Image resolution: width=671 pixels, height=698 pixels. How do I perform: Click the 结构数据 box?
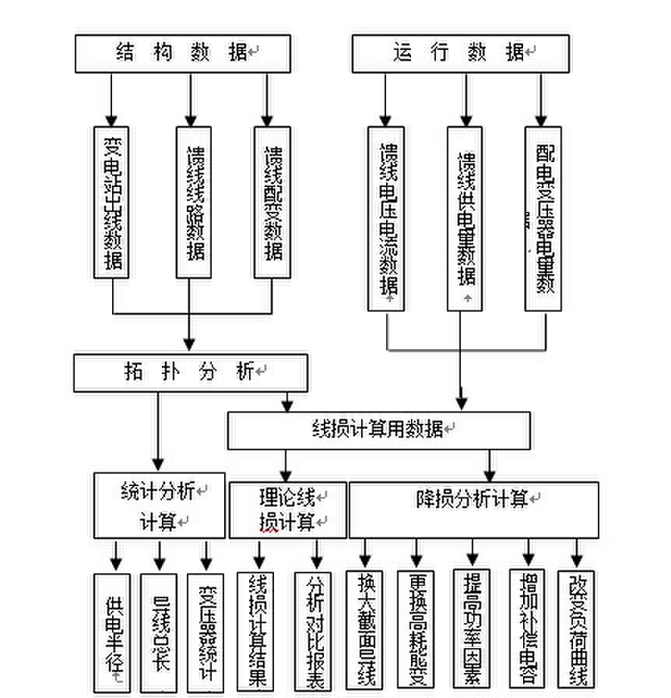click(x=182, y=54)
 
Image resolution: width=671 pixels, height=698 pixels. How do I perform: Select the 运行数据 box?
click(x=460, y=54)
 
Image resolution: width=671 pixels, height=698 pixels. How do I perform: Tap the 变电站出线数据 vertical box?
click(x=112, y=202)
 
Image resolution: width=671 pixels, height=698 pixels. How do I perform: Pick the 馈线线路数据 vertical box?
click(x=194, y=202)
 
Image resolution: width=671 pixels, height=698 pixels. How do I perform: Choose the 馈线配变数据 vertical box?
click(x=272, y=202)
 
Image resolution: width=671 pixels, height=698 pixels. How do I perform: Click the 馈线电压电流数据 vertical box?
click(x=386, y=219)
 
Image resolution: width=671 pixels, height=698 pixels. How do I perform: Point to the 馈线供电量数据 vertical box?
click(x=465, y=219)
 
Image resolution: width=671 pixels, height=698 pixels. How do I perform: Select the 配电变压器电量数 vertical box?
click(x=543, y=219)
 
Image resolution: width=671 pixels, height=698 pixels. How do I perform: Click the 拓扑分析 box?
click(x=191, y=372)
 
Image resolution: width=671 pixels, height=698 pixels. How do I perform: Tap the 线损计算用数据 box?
click(x=379, y=430)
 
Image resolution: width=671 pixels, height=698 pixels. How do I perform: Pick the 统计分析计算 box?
click(x=160, y=505)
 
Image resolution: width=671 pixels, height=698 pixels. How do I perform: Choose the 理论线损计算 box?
click(x=287, y=509)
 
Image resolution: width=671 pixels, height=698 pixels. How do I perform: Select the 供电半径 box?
click(x=112, y=633)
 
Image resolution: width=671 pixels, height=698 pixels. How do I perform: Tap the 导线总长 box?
click(x=159, y=633)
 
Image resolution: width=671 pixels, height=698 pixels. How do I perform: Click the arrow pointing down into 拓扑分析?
click(x=189, y=342)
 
